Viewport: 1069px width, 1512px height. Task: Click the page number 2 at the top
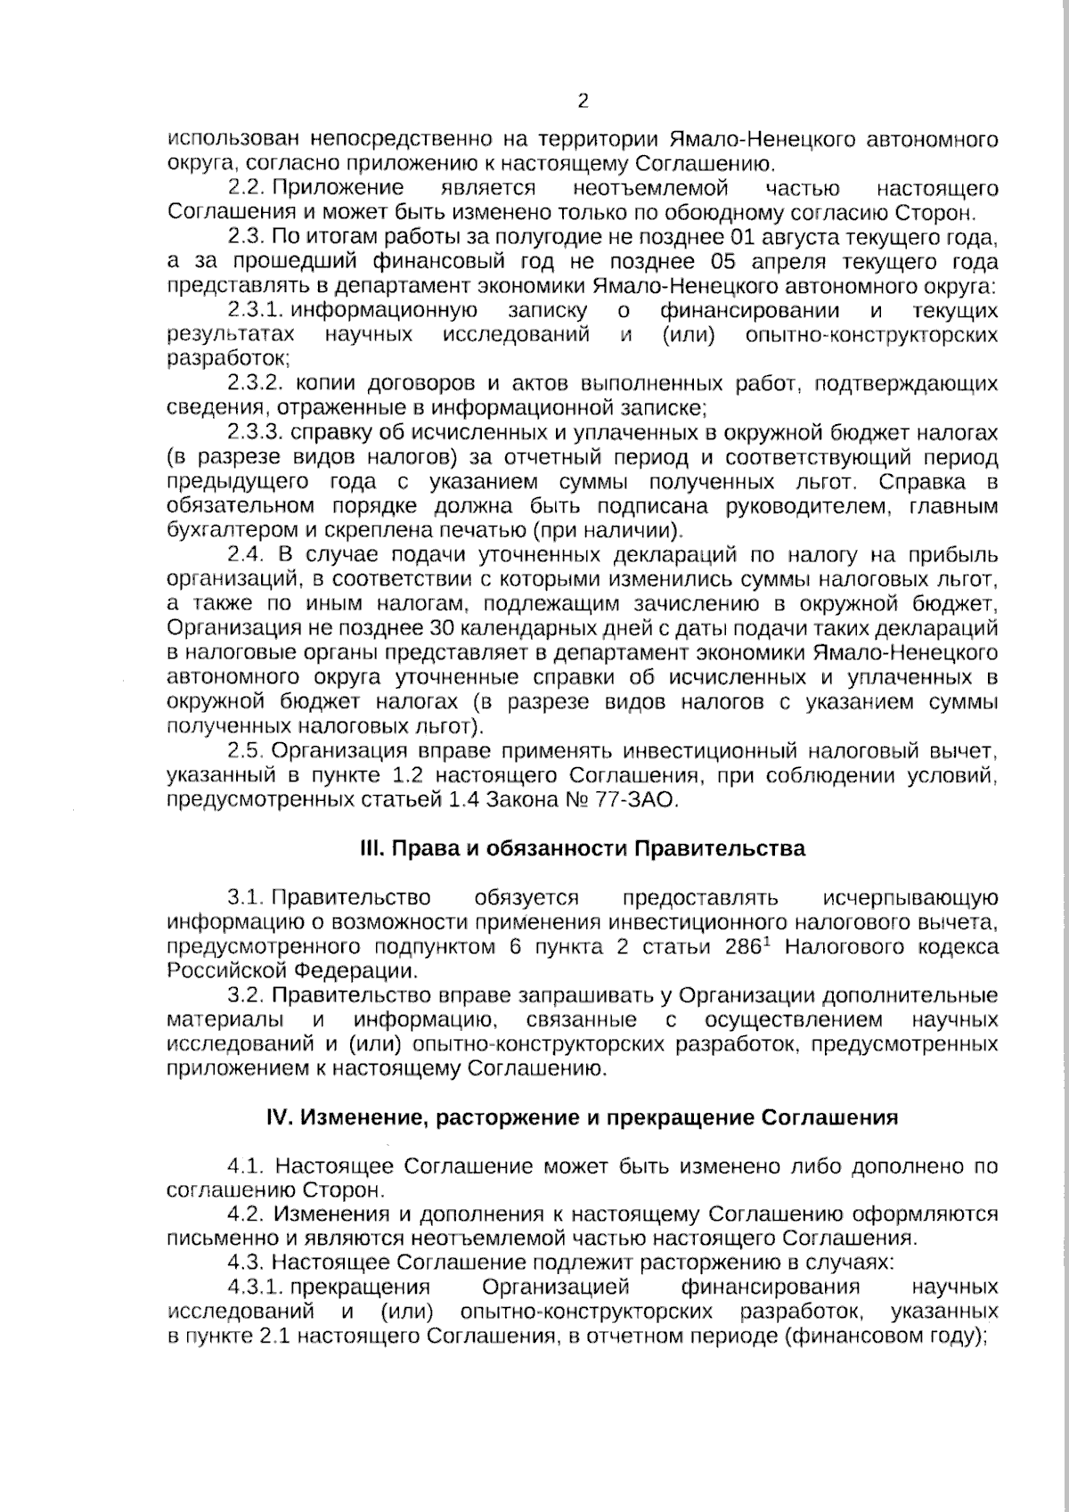583,101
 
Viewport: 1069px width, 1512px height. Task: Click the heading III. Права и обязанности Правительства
582,848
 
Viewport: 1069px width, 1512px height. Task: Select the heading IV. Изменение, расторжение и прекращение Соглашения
582,1117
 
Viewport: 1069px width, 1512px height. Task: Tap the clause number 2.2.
247,188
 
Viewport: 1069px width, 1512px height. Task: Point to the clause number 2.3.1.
255,310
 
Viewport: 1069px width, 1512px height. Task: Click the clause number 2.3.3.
255,432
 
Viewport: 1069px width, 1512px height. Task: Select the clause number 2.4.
247,555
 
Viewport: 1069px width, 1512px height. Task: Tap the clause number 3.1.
247,897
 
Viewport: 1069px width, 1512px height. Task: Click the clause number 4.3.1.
255,1287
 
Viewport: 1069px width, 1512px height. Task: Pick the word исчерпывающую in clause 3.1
910,897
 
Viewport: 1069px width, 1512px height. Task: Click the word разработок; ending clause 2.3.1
228,359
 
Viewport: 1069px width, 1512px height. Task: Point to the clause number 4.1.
247,1166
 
